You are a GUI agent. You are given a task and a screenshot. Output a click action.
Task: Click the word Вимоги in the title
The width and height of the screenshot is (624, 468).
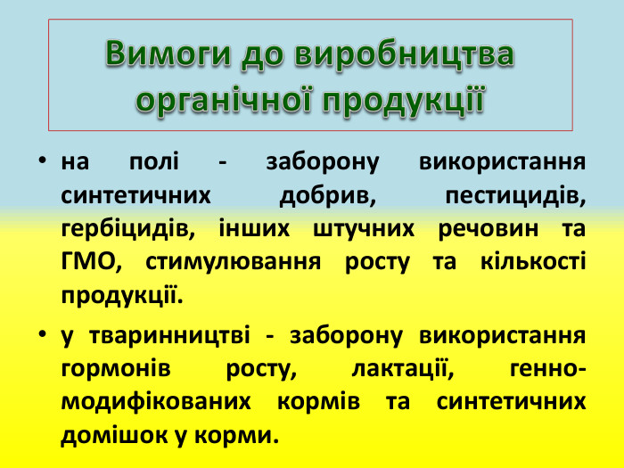pos(167,54)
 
